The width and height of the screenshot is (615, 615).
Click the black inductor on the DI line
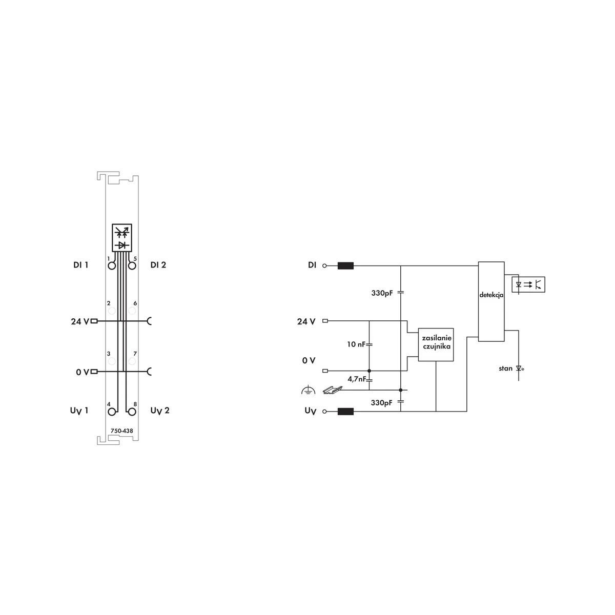345,265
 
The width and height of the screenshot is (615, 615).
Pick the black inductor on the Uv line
345,412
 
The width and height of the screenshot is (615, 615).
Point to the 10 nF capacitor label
356,344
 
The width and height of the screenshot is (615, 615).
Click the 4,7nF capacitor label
357,379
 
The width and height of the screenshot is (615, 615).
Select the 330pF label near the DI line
382,293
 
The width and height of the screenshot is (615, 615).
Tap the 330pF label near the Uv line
382,403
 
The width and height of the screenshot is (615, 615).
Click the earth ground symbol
308,390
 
